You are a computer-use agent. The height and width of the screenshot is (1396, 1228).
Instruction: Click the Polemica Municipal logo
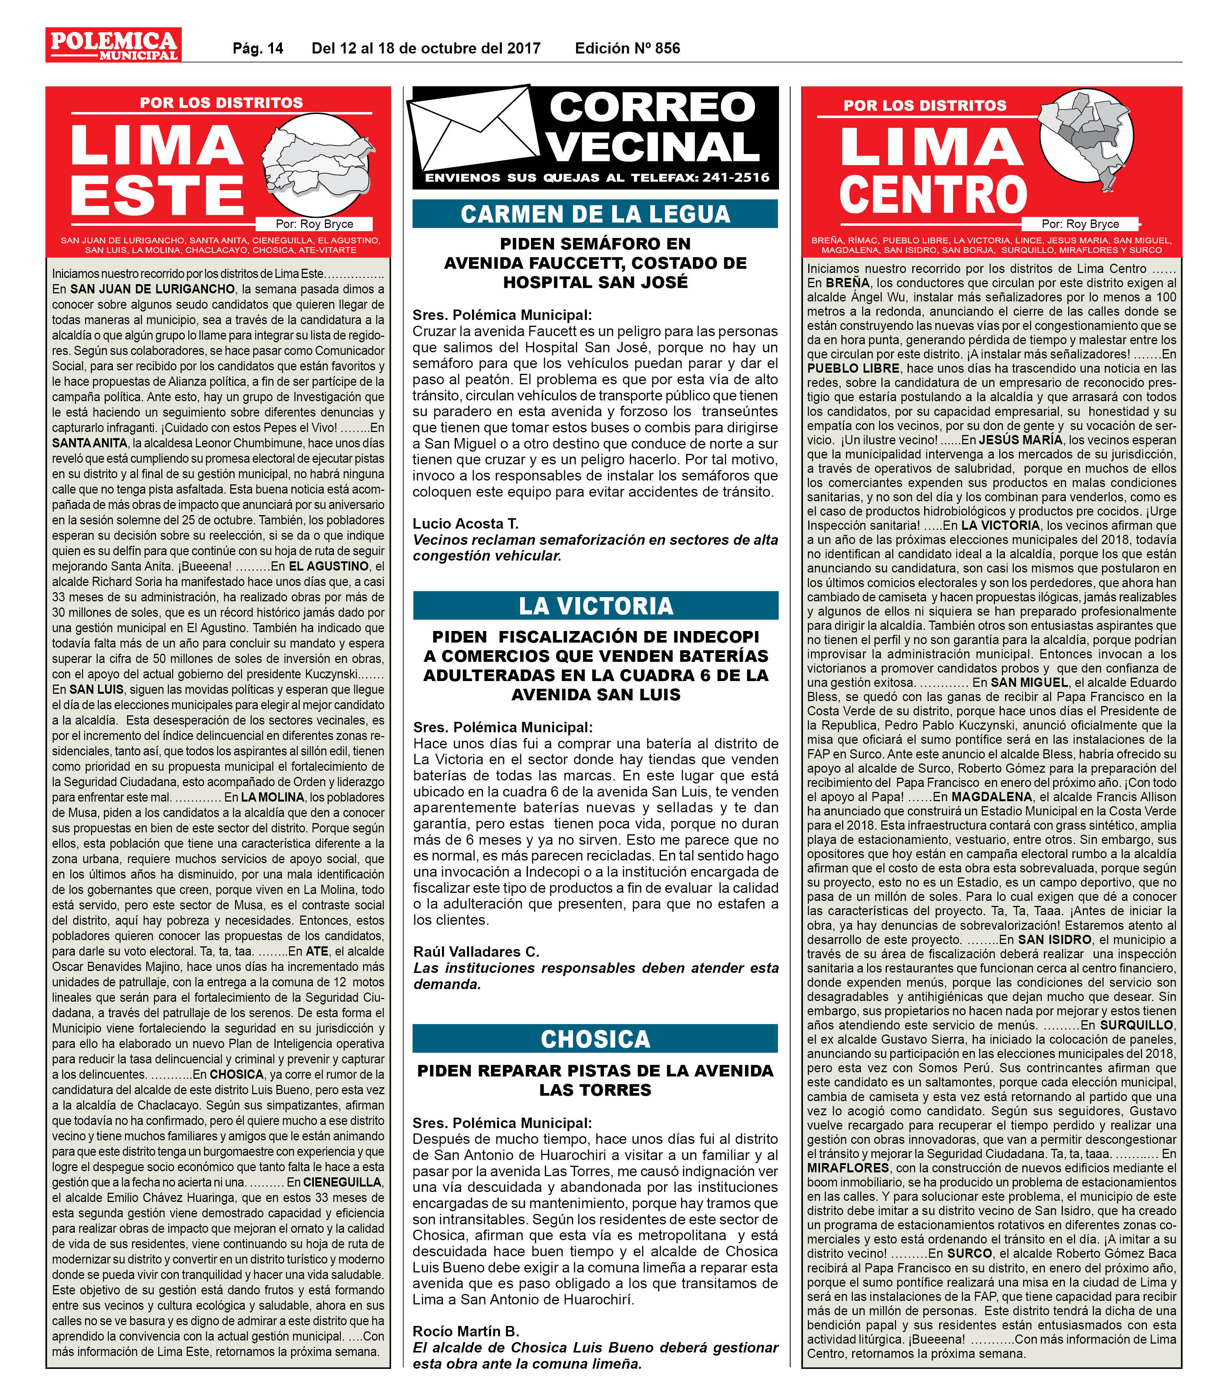pos(113,45)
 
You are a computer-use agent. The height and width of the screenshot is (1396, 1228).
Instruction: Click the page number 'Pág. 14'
pos(258,49)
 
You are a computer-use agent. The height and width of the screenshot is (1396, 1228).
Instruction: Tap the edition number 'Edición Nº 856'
pos(627,49)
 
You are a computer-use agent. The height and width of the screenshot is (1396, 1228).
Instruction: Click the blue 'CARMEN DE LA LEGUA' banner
pos(595,214)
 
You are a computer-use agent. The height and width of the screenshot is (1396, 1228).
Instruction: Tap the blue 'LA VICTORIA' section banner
pos(595,606)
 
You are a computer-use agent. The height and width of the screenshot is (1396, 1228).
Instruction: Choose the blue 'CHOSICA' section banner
pos(595,1039)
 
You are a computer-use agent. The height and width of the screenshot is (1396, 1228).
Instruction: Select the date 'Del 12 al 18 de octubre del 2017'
pos(426,49)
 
